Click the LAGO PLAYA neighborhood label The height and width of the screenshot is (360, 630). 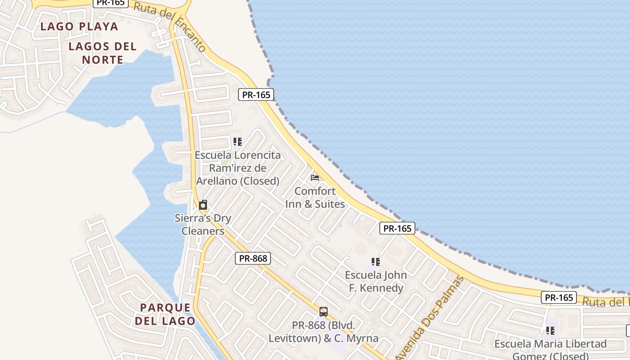[79, 27]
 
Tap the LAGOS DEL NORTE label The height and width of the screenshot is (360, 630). [103, 53]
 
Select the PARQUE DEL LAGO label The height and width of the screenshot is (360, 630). [166, 314]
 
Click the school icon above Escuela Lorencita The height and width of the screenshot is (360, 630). [238, 142]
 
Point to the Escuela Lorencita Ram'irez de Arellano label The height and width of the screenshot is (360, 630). [238, 168]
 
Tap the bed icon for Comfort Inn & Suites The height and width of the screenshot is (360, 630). [315, 178]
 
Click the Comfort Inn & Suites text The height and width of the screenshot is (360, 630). [315, 197]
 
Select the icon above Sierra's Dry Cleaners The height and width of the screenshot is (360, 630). [203, 205]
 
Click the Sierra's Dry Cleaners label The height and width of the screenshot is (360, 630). [203, 225]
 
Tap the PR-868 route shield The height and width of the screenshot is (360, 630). [253, 258]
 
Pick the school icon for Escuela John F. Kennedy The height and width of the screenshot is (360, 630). [376, 262]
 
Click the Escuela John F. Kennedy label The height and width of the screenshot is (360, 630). [376, 281]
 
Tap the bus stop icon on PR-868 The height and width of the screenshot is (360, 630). [323, 311]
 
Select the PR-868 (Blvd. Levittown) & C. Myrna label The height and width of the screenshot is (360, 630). [323, 332]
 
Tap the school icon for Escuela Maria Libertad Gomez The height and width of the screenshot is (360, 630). [550, 331]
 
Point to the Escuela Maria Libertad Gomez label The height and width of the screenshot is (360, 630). [550, 350]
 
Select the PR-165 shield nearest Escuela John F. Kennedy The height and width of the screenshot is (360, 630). [397, 229]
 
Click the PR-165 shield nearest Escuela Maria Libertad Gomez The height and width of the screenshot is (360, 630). [559, 297]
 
